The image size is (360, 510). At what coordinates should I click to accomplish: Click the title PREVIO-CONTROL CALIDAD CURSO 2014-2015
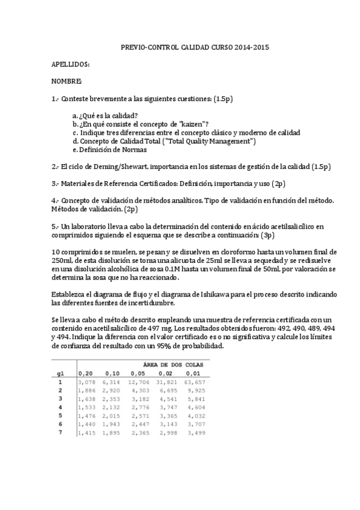coord(195,46)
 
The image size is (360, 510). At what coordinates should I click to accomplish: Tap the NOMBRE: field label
coord(66,81)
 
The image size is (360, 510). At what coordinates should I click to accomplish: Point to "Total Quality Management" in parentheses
coord(210,141)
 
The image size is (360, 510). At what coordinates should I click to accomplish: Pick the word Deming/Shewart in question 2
coord(118,166)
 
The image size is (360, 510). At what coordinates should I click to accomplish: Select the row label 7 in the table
coord(59,432)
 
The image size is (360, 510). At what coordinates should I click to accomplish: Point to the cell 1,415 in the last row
coord(87,432)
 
